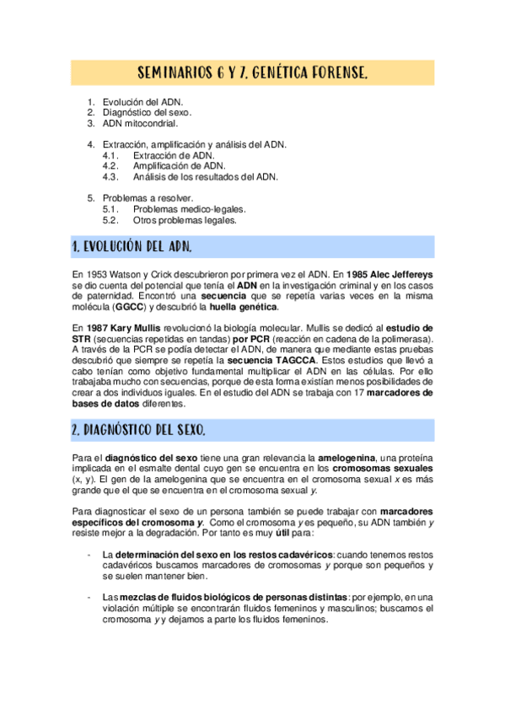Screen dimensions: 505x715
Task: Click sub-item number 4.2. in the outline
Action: pyautogui.click(x=110, y=166)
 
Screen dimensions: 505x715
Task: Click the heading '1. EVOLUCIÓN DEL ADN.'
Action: pyautogui.click(x=132, y=247)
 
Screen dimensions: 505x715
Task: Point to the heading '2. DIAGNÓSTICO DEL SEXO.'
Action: pyautogui.click(x=139, y=430)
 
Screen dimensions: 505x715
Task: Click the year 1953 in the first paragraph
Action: pyautogui.click(x=94, y=275)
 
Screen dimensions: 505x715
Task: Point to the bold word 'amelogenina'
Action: pyautogui.click(x=345, y=458)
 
